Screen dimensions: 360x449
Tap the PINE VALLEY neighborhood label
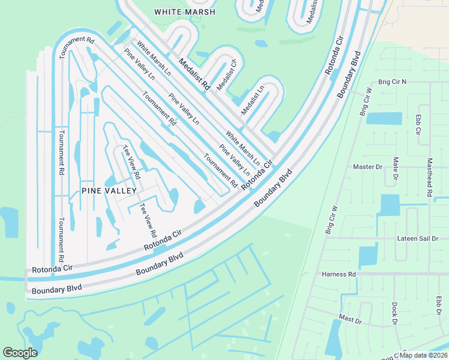[x=109, y=190]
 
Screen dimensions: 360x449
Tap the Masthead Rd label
[x=429, y=178]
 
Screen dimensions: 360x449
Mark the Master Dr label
[x=367, y=167]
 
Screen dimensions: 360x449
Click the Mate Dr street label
[x=396, y=169]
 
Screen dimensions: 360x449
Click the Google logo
[x=20, y=353]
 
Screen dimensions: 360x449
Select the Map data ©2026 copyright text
[x=423, y=355]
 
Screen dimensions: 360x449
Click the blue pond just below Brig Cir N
[x=384, y=118]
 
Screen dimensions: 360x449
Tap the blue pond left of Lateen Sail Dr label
[x=368, y=256]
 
